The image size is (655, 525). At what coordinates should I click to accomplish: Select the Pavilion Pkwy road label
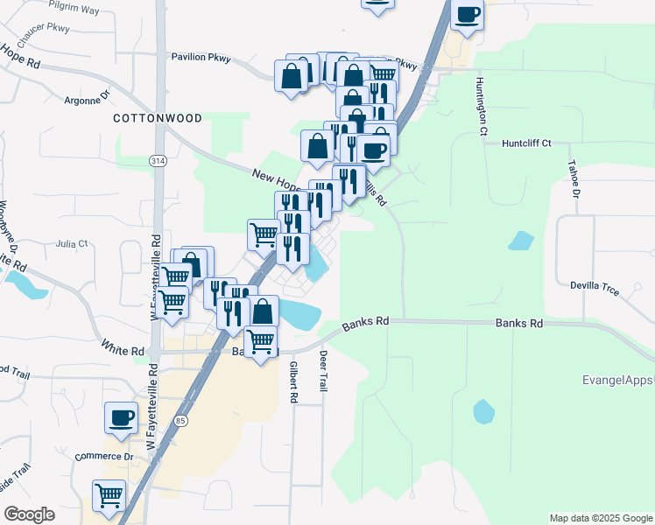pos(201,59)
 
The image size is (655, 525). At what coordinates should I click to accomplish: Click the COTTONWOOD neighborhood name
pos(158,118)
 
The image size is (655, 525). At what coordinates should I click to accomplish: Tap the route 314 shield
pos(157,162)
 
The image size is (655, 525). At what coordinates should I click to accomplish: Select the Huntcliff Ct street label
pos(526,143)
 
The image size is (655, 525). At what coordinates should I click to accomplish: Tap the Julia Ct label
pos(72,244)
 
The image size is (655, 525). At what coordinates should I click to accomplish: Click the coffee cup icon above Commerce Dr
pos(121,417)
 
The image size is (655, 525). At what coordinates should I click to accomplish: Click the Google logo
pos(29,514)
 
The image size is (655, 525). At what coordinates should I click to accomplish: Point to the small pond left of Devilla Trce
pos(522,241)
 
